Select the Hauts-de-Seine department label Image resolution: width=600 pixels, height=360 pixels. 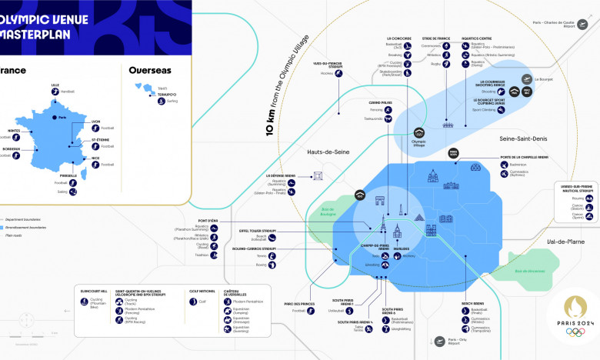click(x=327, y=152)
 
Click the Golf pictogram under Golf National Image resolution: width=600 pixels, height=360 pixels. click(x=193, y=302)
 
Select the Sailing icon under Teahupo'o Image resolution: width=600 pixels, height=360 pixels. click(x=162, y=100)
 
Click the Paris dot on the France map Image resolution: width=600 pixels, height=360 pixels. click(x=55, y=118)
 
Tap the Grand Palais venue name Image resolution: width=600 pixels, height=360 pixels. click(x=380, y=102)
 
